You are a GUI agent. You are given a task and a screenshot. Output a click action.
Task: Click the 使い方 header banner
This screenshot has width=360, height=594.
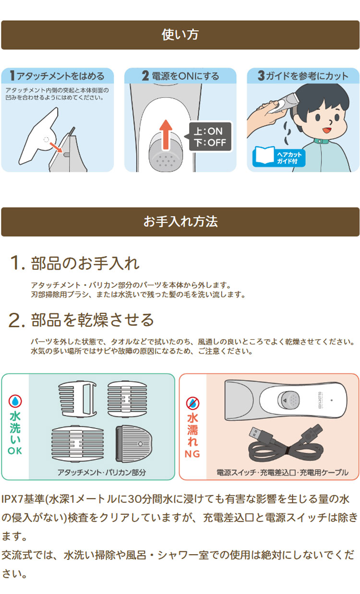pyautogui.click(x=180, y=35)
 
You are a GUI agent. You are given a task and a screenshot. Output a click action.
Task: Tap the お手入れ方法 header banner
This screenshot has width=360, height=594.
pyautogui.click(x=180, y=222)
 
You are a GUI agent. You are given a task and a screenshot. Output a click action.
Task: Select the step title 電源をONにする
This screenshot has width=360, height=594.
pyautogui.click(x=180, y=76)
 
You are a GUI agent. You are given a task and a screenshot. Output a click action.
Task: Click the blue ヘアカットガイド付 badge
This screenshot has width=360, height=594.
pyautogui.click(x=272, y=158)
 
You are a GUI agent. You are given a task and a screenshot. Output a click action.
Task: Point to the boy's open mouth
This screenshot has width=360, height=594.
pyautogui.click(x=326, y=129)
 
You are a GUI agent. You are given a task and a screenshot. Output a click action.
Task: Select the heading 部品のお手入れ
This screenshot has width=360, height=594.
pyautogui.click(x=85, y=263)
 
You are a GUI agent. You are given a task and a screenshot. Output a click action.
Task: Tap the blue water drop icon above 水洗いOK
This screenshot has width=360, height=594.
pyautogui.click(x=15, y=402)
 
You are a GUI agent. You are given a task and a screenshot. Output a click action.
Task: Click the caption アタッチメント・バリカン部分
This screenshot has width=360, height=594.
pyautogui.click(x=101, y=472)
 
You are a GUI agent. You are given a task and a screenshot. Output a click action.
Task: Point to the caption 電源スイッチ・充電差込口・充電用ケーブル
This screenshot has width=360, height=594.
pyautogui.click(x=282, y=472)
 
